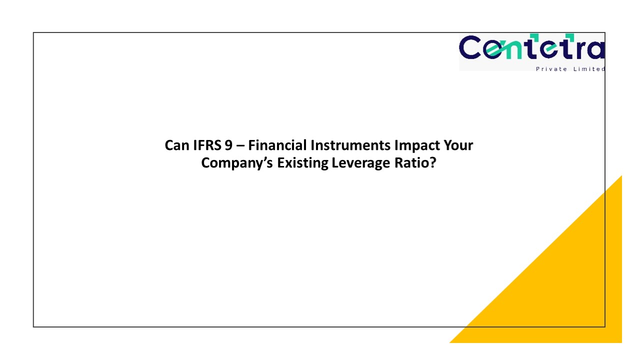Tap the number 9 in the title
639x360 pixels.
229,145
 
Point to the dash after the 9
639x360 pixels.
240,146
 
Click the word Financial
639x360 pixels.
277,145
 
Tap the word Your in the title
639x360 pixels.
456,145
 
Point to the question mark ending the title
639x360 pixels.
433,163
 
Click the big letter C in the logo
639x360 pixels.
471,48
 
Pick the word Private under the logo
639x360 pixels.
551,69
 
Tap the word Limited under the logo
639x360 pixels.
590,69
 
